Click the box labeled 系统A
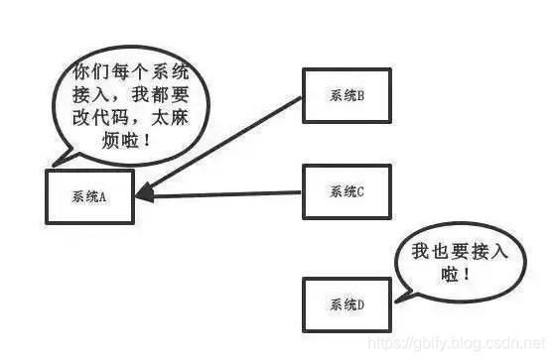pos(88,196)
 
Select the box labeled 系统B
pos(347,96)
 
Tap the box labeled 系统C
pos(347,190)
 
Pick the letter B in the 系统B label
pos(361,96)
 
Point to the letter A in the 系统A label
pos(102,196)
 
